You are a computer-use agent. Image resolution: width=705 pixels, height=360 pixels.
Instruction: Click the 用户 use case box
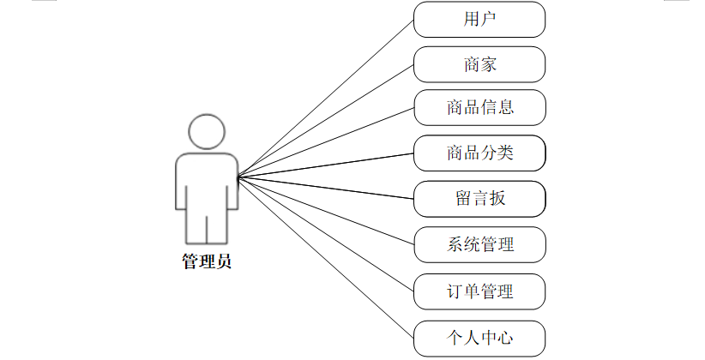[479, 19]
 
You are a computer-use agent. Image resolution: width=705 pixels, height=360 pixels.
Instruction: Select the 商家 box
[479, 64]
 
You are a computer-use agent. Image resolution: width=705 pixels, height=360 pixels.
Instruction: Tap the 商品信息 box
[479, 108]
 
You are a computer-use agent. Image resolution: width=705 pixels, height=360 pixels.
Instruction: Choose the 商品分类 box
[479, 153]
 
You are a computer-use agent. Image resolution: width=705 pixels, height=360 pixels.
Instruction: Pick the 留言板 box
[479, 199]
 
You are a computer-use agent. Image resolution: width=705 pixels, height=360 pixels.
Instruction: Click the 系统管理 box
[479, 244]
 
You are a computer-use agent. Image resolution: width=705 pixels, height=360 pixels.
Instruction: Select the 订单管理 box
[479, 291]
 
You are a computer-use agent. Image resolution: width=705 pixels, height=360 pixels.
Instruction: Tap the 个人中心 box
[479, 337]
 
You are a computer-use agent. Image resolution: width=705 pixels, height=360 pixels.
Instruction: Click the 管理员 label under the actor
[206, 261]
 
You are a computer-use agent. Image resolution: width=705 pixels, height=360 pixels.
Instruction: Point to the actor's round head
[206, 133]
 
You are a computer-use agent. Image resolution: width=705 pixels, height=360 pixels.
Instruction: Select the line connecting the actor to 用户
[326, 98]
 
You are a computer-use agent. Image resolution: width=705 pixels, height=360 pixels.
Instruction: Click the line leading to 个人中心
[326, 257]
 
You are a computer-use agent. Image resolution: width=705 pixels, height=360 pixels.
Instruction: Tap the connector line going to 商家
[326, 121]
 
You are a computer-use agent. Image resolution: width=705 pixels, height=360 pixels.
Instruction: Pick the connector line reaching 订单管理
[326, 234]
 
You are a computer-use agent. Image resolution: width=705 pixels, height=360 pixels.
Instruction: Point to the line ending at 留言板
[326, 188]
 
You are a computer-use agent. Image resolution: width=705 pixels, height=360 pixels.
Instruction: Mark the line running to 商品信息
[326, 143]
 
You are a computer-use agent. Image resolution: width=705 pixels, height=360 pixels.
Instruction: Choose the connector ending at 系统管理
[326, 211]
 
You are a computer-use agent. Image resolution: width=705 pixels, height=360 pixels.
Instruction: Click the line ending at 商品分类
[326, 165]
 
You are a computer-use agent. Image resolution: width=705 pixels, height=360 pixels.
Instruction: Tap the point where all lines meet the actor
[238, 177]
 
